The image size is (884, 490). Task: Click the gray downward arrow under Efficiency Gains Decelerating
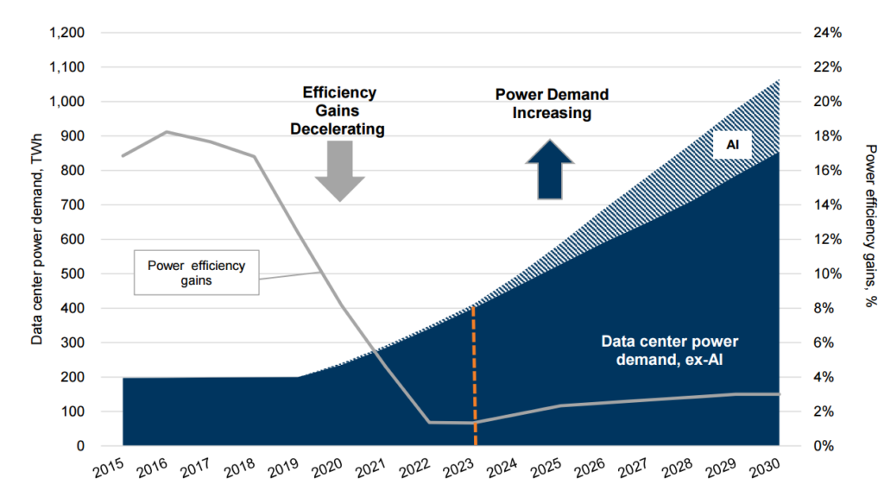click(339, 171)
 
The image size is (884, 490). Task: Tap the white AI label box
click(732, 146)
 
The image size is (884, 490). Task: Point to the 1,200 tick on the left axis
click(68, 33)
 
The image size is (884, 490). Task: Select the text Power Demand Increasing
click(552, 104)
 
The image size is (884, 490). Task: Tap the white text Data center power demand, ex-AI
click(664, 349)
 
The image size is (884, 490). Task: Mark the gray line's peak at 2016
click(167, 132)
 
